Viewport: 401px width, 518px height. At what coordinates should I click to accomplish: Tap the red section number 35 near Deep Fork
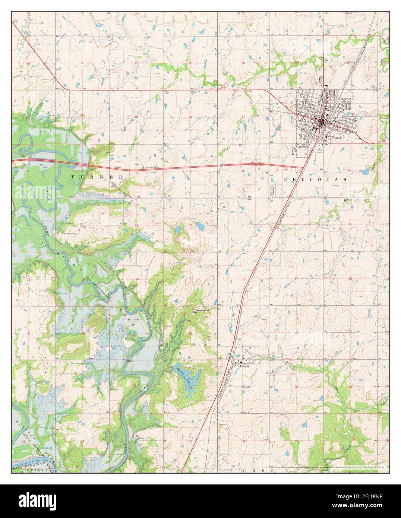click(x=137, y=436)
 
